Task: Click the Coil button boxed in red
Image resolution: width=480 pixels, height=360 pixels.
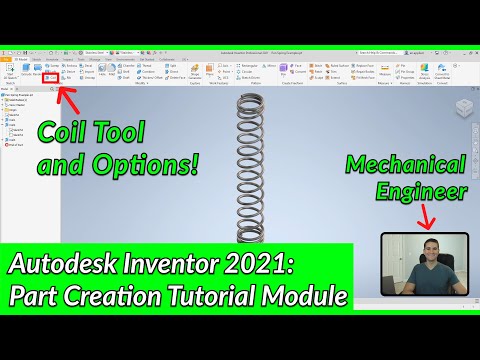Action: tap(49, 77)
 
